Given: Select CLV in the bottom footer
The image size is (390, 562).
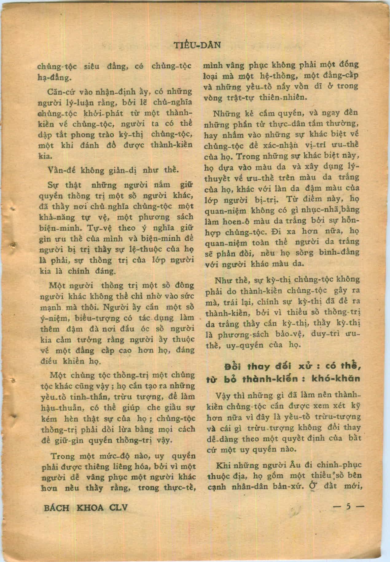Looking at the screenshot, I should tap(118, 507).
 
